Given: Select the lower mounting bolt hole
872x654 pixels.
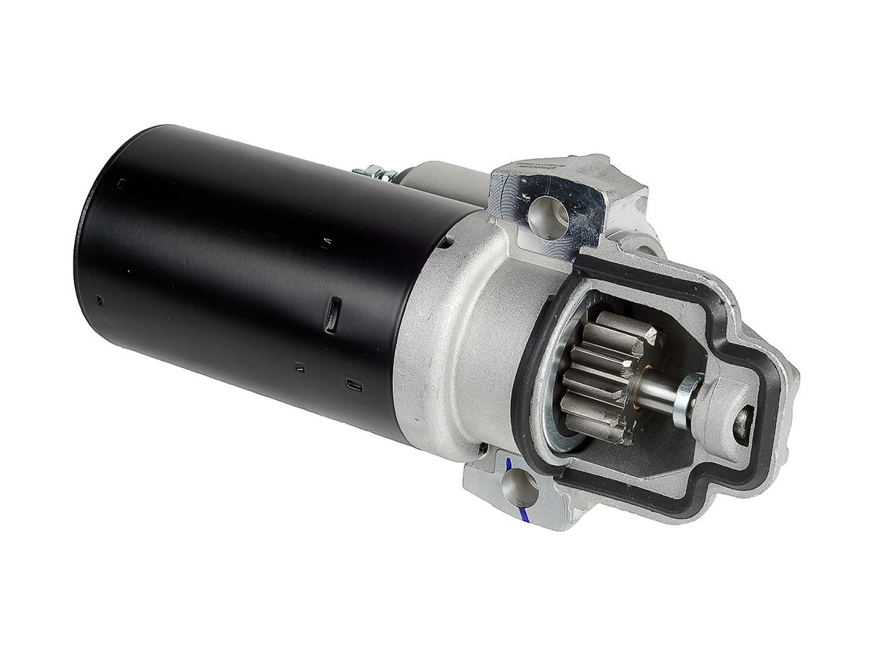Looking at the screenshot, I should click(520, 485).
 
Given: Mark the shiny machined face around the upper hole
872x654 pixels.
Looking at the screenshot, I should click(574, 211).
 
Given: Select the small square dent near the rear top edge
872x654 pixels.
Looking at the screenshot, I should click(121, 184).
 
